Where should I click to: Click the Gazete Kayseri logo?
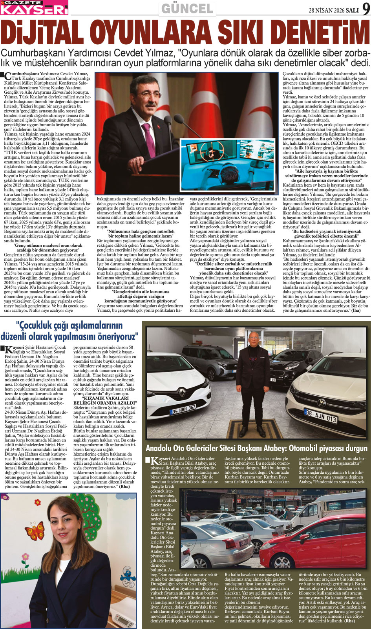[x=34, y=7]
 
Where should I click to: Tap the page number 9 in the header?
[x=366, y=9]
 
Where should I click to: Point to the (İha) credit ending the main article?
[x=355, y=310]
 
